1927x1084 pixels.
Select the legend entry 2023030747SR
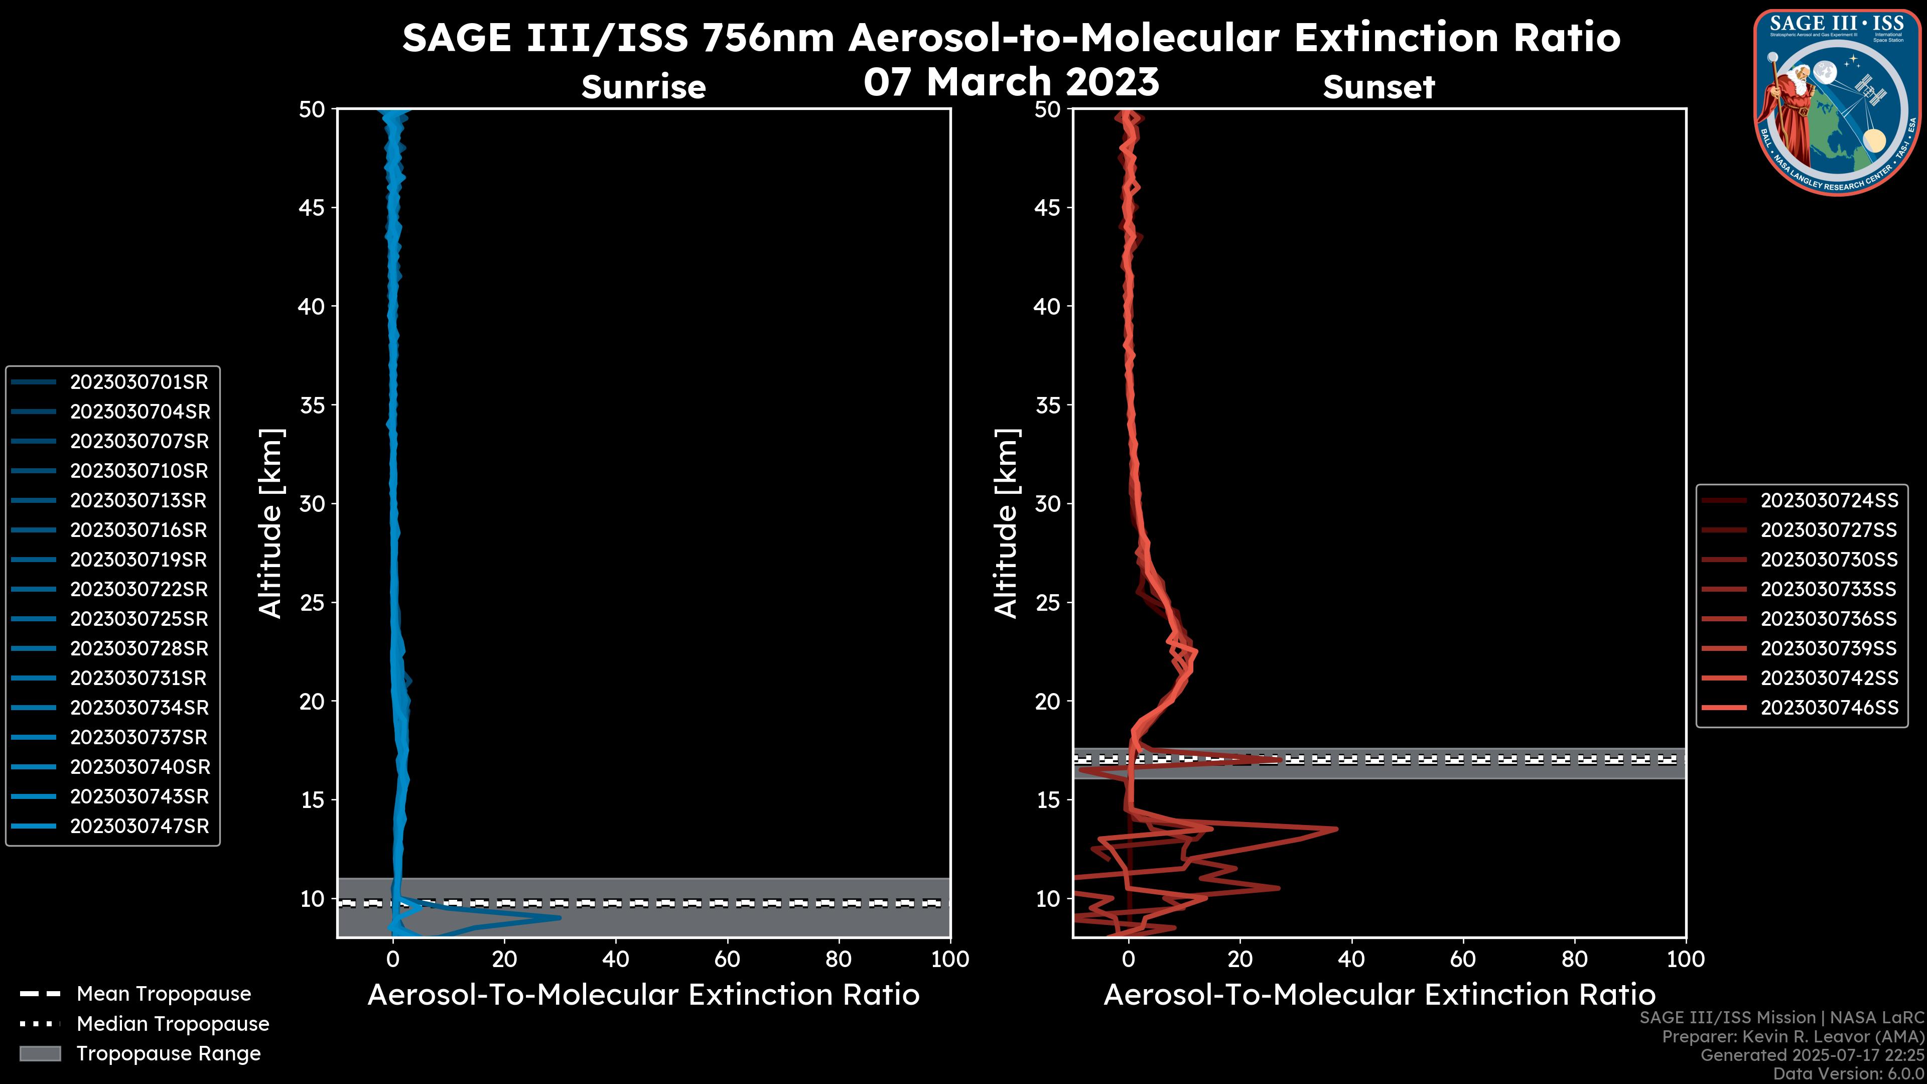(x=139, y=827)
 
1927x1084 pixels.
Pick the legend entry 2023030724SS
(x=1829, y=500)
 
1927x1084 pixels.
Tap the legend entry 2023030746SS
(x=1829, y=708)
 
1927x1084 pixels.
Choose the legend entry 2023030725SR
(x=139, y=619)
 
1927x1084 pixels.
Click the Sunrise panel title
(x=643, y=87)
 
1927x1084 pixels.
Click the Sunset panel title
(x=1379, y=87)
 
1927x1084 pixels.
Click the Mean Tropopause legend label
(x=164, y=994)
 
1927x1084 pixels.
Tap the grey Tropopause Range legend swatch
(x=40, y=1054)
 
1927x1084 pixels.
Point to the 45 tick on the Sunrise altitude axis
(x=312, y=208)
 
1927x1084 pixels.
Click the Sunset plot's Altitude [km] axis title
(x=1006, y=523)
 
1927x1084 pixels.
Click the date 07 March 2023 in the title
(x=1011, y=81)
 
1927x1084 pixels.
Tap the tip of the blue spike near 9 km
(x=560, y=918)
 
